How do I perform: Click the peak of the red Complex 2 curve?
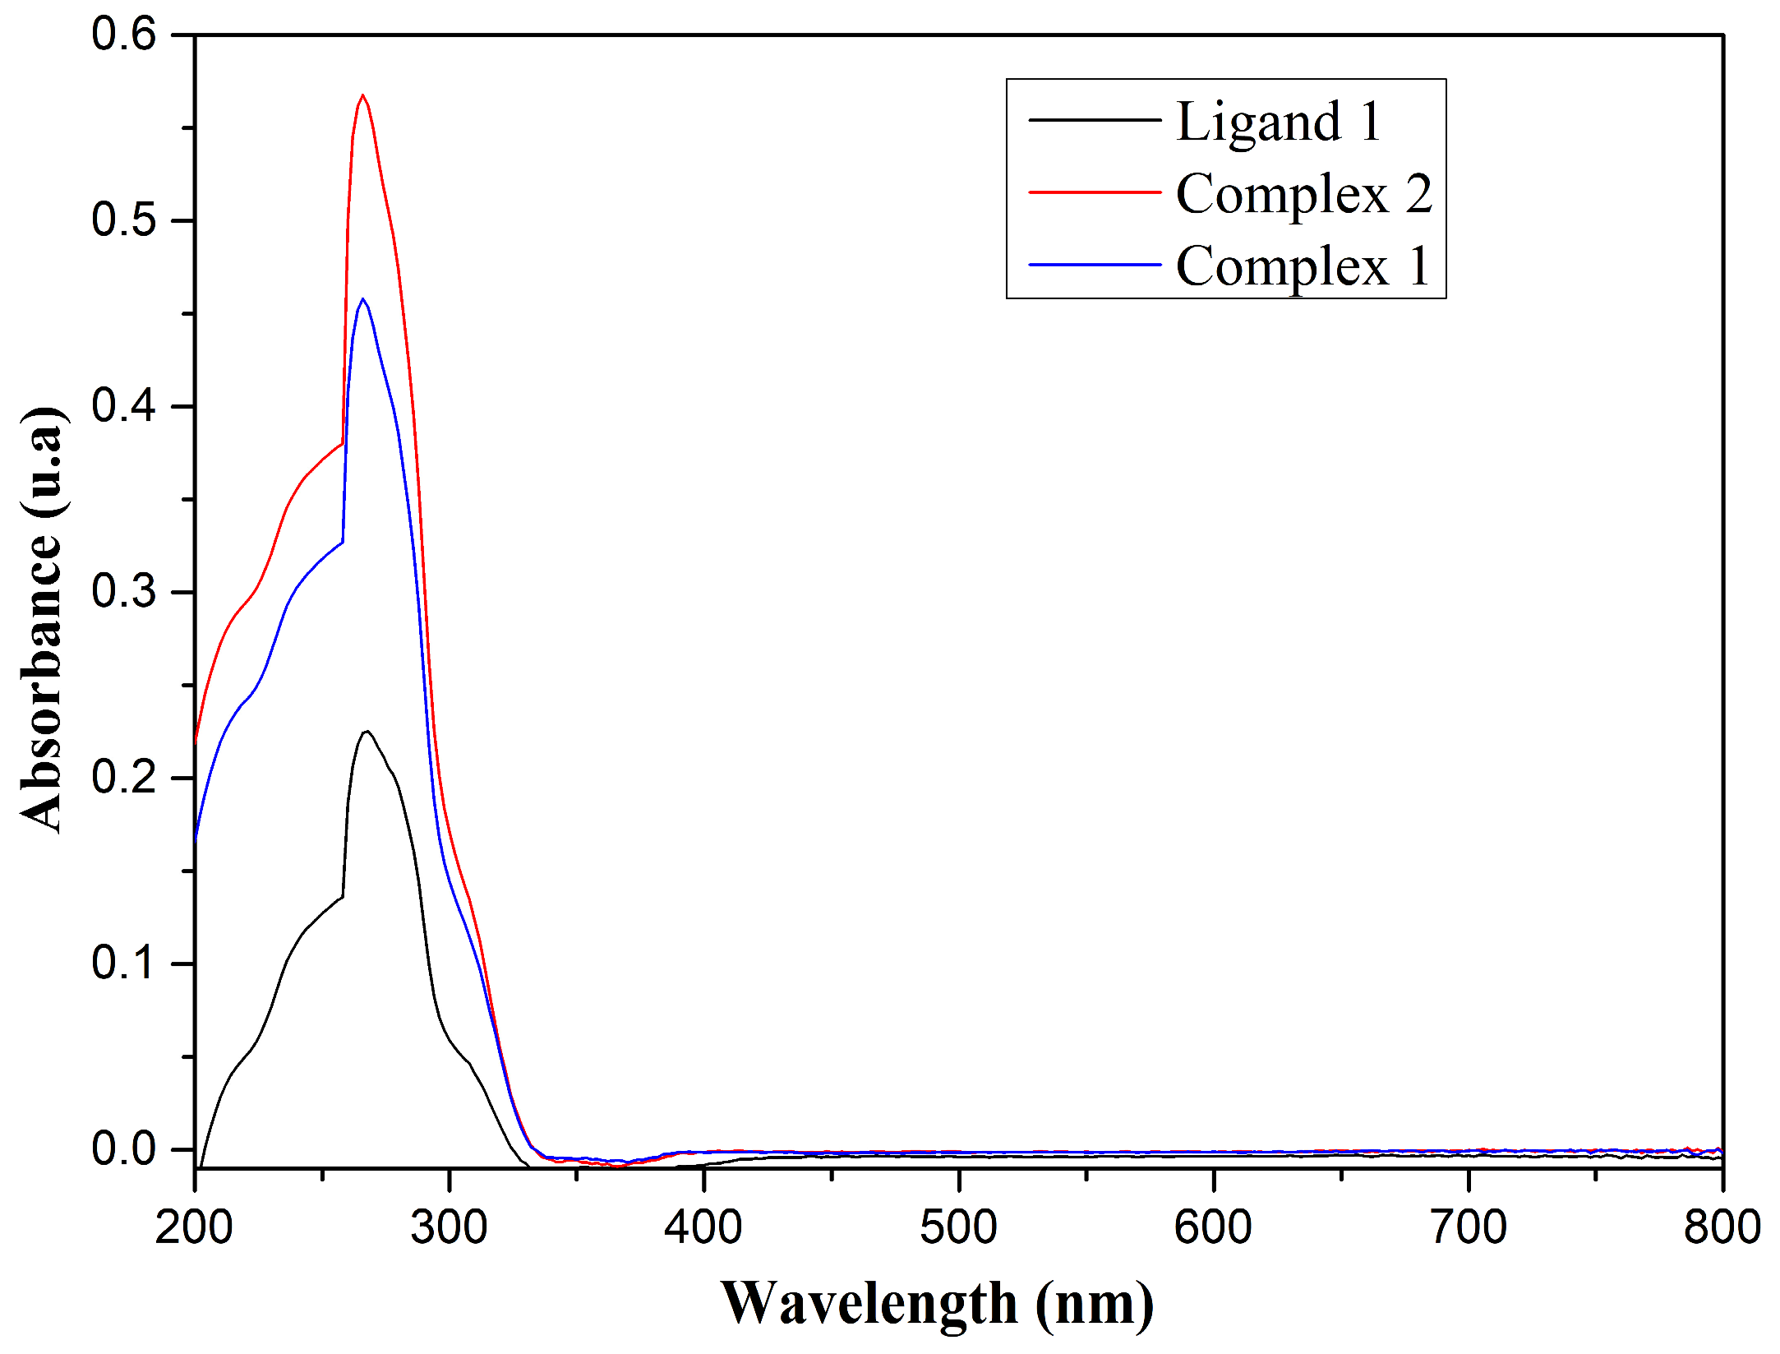pos(362,96)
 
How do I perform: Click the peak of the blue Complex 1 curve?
pos(362,300)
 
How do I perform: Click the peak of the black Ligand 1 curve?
pos(367,732)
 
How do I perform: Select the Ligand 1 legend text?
pos(1279,122)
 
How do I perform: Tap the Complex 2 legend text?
pos(1303,195)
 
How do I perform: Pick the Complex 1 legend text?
pos(1303,266)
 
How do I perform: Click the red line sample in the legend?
pos(1095,192)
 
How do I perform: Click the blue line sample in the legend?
pos(1095,265)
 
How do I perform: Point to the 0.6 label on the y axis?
pos(123,35)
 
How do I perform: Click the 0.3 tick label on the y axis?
pos(123,592)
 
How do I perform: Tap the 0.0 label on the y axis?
pos(123,1148)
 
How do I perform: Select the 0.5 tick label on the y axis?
pos(123,220)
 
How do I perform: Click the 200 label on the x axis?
pos(195,1227)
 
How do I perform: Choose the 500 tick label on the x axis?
pos(958,1227)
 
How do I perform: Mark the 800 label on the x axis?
pos(1722,1227)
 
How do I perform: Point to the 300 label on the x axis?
pos(450,1227)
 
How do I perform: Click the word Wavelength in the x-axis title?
pos(869,1305)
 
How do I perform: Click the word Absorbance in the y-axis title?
pos(41,682)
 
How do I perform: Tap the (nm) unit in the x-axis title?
pos(1095,1305)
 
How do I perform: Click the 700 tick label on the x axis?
pos(1468,1227)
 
